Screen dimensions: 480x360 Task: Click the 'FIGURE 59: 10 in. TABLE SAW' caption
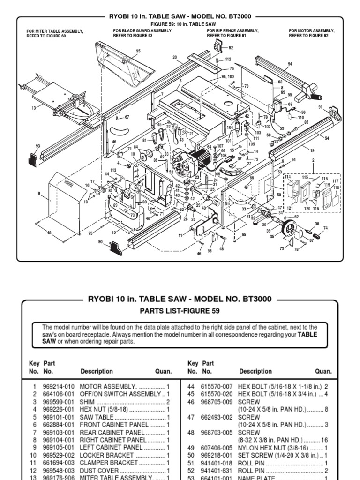click(x=180, y=24)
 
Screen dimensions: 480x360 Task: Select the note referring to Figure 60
click(x=55, y=33)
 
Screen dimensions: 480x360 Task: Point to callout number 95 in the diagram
click(x=138, y=51)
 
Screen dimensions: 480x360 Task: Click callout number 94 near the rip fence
click(x=290, y=64)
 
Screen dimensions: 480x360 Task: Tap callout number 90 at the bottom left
click(x=100, y=241)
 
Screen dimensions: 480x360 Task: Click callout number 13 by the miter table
click(x=33, y=108)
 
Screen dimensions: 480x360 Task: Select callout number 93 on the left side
click(x=38, y=146)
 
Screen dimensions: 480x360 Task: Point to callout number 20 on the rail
click(x=175, y=57)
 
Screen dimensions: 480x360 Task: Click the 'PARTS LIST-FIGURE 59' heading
click(x=180, y=311)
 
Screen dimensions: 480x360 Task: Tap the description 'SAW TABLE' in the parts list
click(x=97, y=417)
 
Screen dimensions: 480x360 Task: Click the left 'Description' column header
click(x=97, y=371)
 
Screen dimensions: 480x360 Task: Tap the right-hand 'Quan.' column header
click(x=323, y=371)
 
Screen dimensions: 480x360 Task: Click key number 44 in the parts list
click(x=191, y=387)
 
